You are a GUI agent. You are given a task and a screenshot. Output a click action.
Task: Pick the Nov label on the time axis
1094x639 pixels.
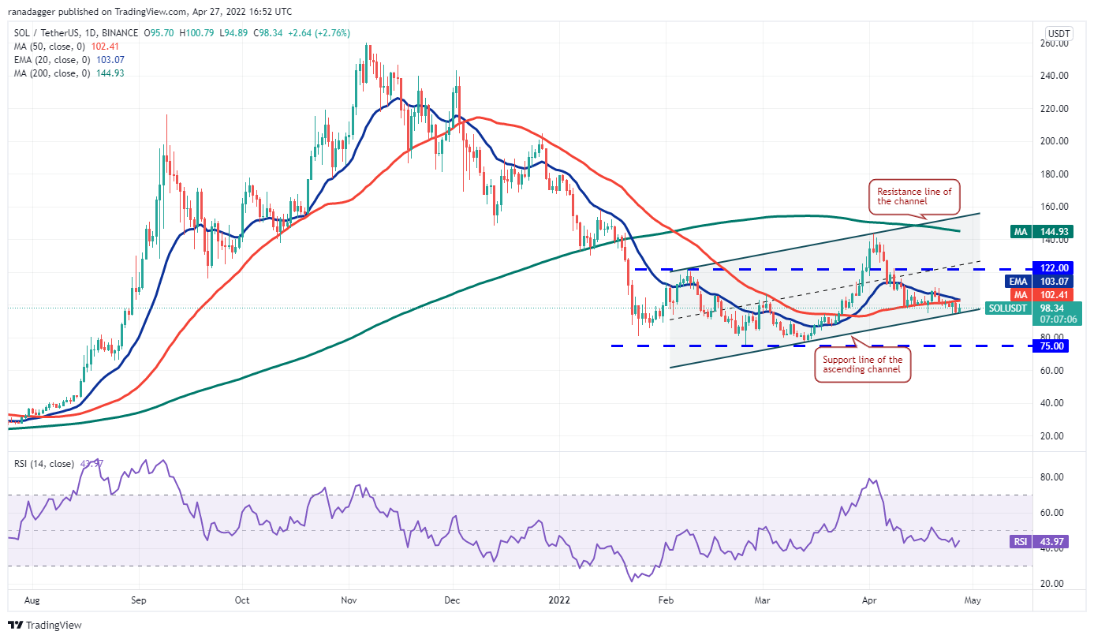click(348, 600)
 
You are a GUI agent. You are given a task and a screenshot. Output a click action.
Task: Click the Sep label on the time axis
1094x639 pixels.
click(138, 600)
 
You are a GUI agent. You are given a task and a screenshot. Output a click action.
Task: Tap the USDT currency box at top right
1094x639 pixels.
click(1058, 33)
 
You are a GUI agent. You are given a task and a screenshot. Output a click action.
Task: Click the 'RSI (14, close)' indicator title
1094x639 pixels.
click(46, 462)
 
